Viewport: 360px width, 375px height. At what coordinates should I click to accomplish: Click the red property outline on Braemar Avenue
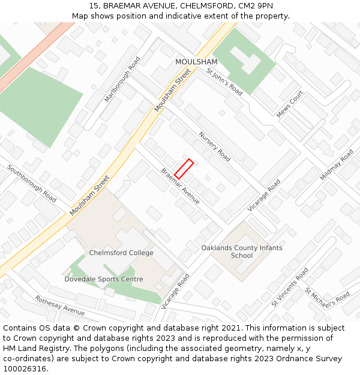184,169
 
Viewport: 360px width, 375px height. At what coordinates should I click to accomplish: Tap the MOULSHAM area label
196,62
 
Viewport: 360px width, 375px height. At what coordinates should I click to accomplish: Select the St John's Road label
224,81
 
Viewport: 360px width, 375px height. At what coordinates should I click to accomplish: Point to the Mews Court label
290,104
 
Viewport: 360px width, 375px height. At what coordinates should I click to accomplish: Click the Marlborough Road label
122,79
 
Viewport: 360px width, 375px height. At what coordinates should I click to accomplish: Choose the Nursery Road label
214,146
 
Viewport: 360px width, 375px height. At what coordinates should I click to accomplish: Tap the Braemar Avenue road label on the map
180,186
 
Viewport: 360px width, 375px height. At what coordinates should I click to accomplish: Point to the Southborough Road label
32,183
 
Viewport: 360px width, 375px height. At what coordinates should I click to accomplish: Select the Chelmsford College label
121,253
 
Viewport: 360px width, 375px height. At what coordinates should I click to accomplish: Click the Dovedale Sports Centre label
104,279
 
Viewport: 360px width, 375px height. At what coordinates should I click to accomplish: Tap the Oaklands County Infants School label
241,251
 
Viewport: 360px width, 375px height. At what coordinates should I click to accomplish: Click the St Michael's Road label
327,296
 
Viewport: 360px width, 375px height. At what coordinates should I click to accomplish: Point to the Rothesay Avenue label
59,305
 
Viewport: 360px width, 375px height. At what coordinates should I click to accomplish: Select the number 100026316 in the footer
25,369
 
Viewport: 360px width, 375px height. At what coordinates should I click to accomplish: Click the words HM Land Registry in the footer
29,349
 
